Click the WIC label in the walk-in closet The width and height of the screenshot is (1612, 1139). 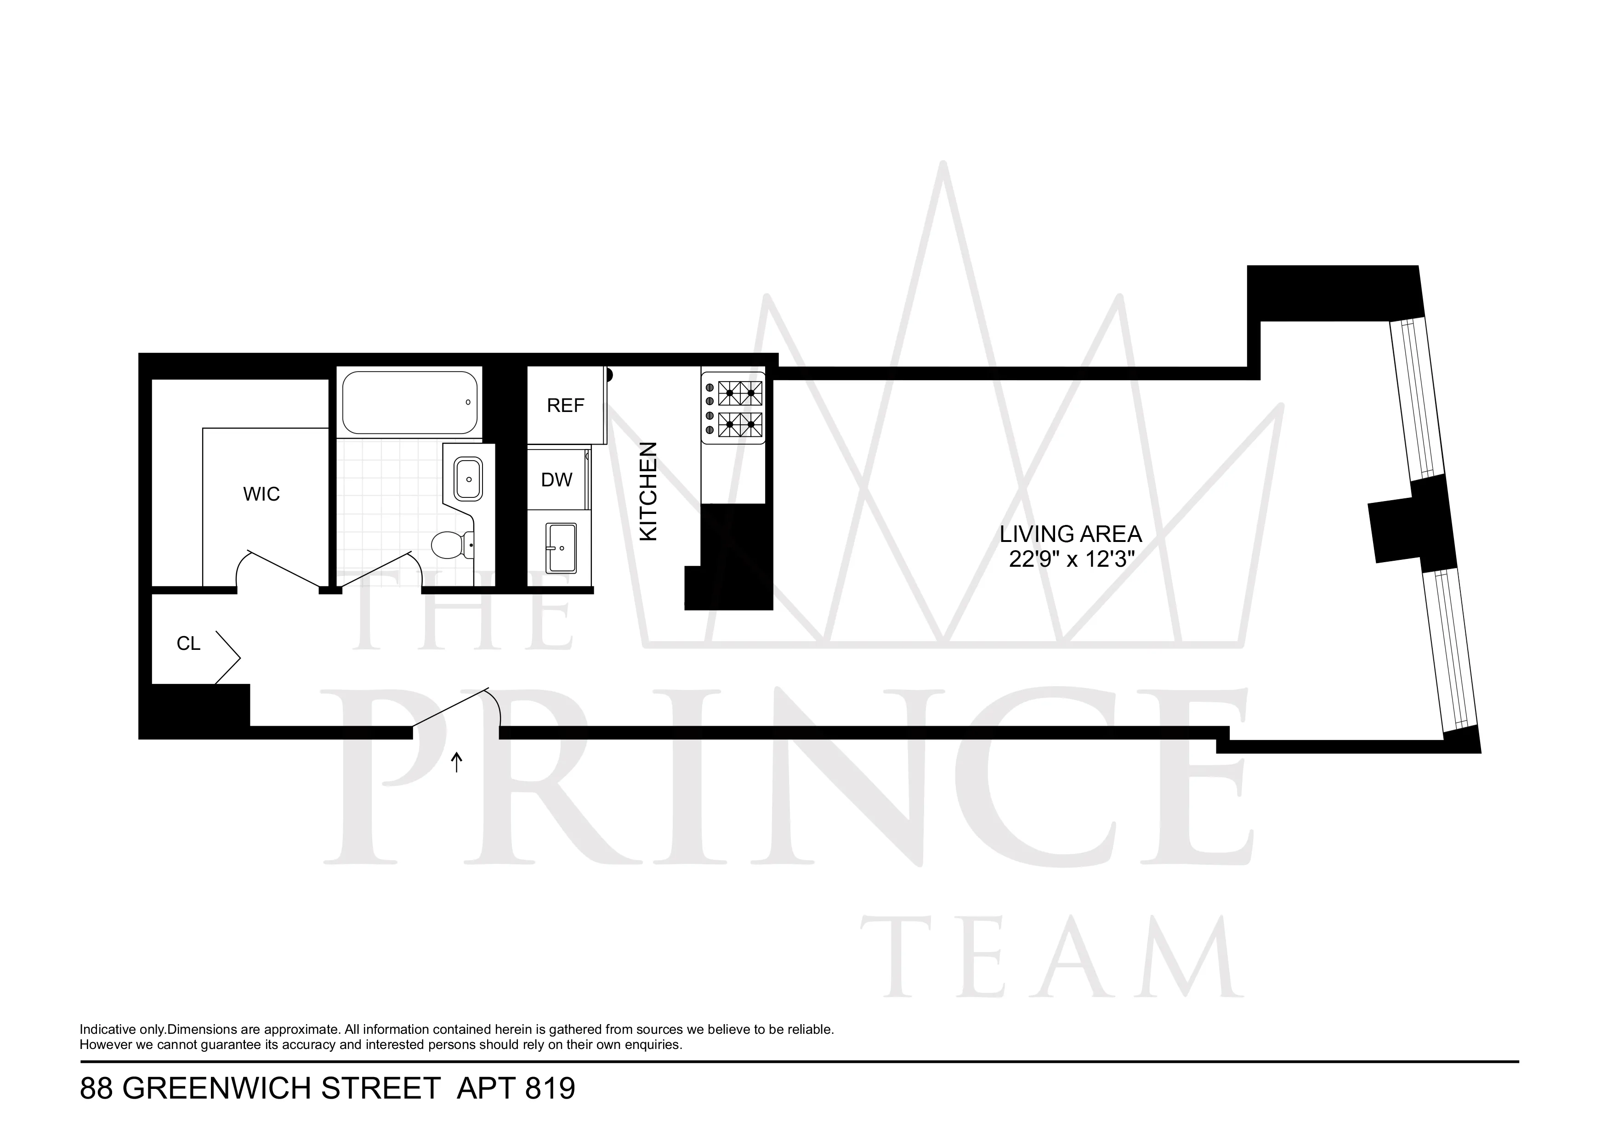(x=261, y=494)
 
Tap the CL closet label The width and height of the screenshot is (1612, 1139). (x=188, y=643)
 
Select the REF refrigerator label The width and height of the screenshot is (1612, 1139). (x=565, y=406)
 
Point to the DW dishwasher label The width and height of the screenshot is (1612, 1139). (x=557, y=480)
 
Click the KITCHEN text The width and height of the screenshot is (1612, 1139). (x=649, y=491)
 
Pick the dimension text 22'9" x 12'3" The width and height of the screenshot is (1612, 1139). (x=1072, y=560)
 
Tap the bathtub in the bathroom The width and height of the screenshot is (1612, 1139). (x=409, y=402)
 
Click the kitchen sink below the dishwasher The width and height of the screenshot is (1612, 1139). (x=562, y=547)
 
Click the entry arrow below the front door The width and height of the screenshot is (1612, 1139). (x=457, y=762)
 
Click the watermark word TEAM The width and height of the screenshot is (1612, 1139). (x=1053, y=959)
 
